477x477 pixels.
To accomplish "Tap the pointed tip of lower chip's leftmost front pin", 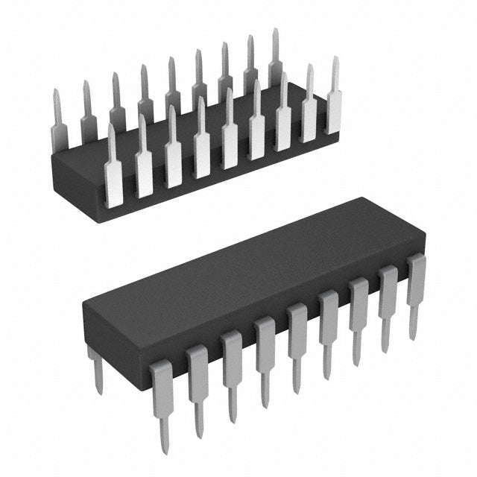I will click(165, 447).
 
